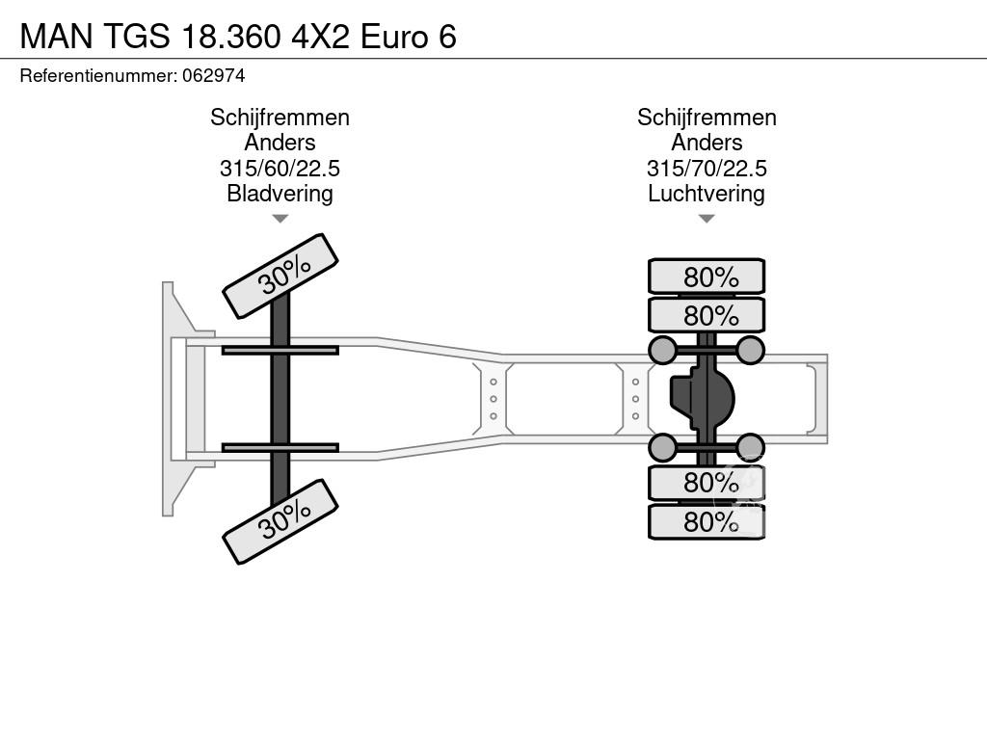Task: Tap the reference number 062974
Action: tap(213, 75)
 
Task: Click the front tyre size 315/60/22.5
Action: tap(280, 168)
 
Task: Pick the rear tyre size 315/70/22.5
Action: tap(707, 168)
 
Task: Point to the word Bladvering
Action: tap(280, 193)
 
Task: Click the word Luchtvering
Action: tap(707, 193)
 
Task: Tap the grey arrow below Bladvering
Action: tap(280, 219)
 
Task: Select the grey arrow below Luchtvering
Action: tap(707, 219)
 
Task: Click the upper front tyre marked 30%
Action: tap(280, 276)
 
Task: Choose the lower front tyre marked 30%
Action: tap(280, 521)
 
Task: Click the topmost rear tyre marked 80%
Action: tap(707, 277)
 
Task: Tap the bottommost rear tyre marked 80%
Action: tap(707, 521)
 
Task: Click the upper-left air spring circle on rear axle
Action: tap(662, 350)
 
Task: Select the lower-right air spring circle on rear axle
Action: tap(750, 447)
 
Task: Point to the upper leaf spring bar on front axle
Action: tap(280, 350)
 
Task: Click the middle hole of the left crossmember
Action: tap(493, 399)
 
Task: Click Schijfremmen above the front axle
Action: tap(280, 118)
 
